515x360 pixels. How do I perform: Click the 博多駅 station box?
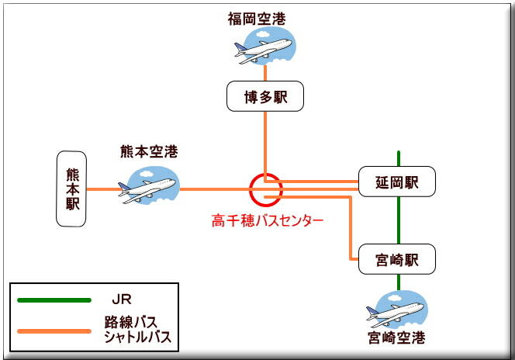pos(264,97)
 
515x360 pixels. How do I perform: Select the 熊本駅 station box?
pos(72,189)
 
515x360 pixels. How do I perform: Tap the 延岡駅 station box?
pos(398,182)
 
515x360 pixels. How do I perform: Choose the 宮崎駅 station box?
pos(398,259)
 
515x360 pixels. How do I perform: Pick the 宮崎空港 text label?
pos(397,338)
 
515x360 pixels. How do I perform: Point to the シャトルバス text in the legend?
pos(137,336)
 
